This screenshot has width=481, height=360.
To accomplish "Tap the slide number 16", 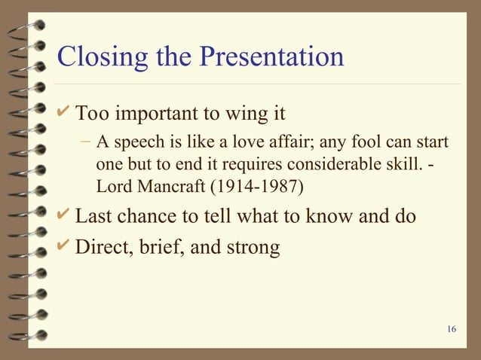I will pos(452,329).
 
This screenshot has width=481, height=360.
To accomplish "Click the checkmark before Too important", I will pos(64,113).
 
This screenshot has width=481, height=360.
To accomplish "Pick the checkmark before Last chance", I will pos(64,215).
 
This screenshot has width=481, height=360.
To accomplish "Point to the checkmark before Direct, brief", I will pos(64,246).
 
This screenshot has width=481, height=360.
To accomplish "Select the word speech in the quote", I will pos(133,143).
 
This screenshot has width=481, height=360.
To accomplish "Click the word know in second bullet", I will pos(328,216).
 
